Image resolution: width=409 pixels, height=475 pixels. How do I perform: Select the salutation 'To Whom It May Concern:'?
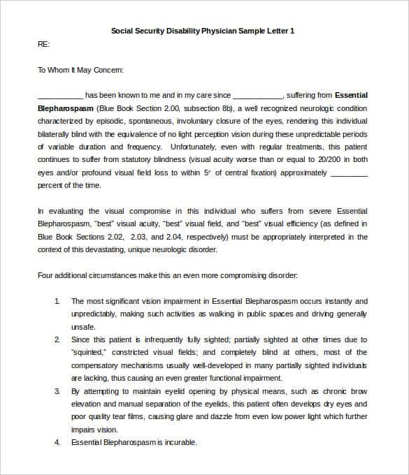[x=80, y=70]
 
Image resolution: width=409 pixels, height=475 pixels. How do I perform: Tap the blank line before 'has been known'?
[x=60, y=96]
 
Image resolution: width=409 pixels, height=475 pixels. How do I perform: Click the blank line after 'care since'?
[x=257, y=96]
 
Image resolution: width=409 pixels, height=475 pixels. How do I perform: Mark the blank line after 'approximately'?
[x=347, y=173]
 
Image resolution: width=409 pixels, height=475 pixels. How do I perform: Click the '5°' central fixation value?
[x=208, y=173]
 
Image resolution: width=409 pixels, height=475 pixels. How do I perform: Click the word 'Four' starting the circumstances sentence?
[x=45, y=275]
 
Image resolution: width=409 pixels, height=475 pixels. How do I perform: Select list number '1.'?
[x=57, y=301]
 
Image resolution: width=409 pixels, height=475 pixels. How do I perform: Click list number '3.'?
[x=57, y=391]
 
